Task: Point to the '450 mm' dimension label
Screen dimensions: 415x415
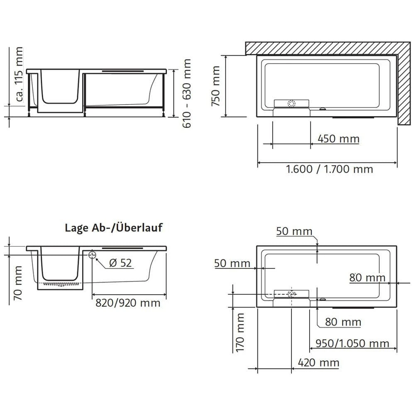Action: (338, 139)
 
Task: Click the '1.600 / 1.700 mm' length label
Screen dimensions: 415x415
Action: (330, 169)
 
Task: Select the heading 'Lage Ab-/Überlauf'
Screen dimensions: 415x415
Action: (114, 227)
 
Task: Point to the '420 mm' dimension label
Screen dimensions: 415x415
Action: (319, 363)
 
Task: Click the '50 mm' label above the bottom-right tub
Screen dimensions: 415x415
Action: (294, 231)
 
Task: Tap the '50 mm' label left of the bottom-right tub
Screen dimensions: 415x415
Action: (232, 263)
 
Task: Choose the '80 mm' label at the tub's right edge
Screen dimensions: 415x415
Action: (367, 277)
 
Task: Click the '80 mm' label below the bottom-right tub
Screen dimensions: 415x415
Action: (343, 322)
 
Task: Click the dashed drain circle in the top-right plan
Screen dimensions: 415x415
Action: (292, 104)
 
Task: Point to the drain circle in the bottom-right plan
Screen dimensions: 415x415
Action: (292, 294)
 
